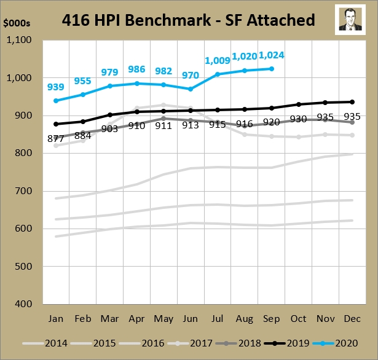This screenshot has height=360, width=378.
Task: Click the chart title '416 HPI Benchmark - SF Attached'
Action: click(x=189, y=20)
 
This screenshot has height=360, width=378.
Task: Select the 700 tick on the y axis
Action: click(x=25, y=191)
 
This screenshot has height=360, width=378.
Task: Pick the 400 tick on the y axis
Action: click(x=25, y=303)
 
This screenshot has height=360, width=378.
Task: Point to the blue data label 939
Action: click(x=57, y=87)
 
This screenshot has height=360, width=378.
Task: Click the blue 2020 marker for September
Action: click(x=271, y=69)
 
